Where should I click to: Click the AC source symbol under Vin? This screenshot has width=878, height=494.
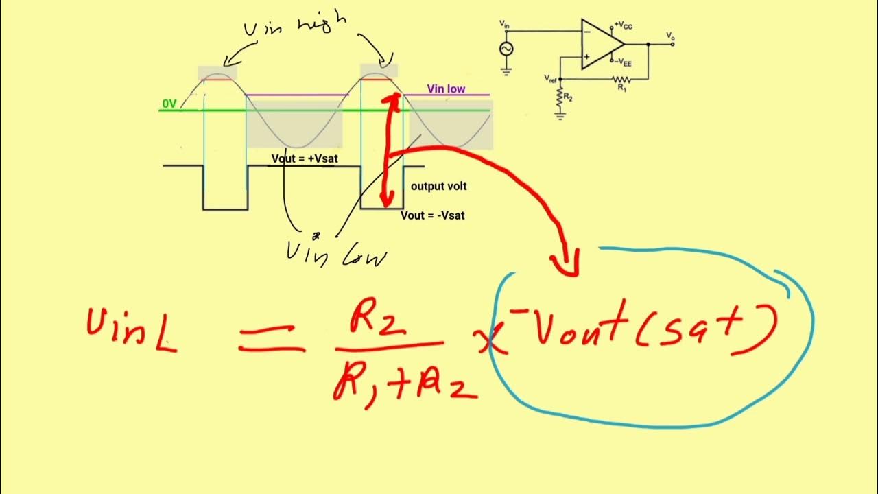pyautogui.click(x=506, y=49)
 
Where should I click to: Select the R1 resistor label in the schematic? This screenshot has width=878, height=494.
pyautogui.click(x=621, y=88)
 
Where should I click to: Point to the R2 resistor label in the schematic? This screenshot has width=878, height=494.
pyautogui.click(x=569, y=98)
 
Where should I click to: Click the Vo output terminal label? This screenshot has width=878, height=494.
pyautogui.click(x=669, y=34)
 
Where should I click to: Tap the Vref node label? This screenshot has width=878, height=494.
pyautogui.click(x=550, y=78)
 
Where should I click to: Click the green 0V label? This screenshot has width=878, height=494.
pyautogui.click(x=169, y=104)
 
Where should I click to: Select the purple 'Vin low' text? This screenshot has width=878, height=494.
pyautogui.click(x=446, y=89)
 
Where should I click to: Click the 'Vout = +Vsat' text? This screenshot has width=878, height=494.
pyautogui.click(x=305, y=158)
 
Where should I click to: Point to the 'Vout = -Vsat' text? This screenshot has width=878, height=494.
pyautogui.click(x=433, y=215)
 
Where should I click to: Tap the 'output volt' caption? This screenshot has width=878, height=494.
pyautogui.click(x=439, y=186)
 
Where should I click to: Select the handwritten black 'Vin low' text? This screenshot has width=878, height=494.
pyautogui.click(x=336, y=254)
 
